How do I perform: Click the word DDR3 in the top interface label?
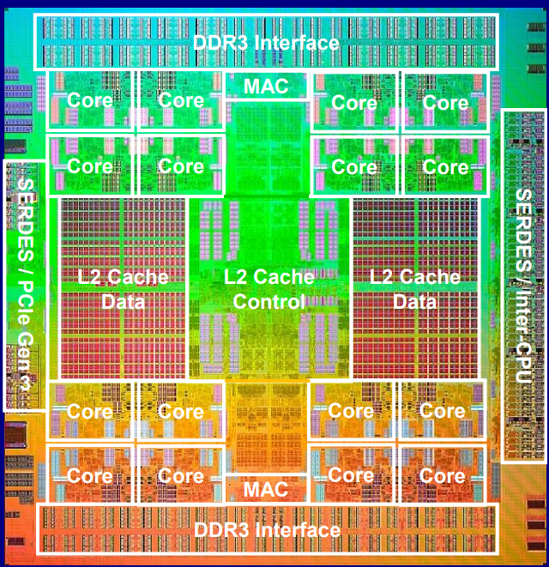220,43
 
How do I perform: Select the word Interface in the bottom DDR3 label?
300,530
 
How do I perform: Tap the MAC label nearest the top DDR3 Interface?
266,86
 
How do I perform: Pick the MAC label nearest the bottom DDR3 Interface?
266,489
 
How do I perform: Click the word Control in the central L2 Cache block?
269,302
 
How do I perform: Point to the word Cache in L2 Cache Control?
284,277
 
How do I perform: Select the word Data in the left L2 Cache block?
123,302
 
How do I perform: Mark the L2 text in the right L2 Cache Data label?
382,277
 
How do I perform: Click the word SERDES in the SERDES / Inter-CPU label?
523,231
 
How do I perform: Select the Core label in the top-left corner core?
90,100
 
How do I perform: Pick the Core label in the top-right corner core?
445,103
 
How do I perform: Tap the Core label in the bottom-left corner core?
90,475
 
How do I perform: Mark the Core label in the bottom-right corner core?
443,475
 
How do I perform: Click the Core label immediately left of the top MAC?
181,100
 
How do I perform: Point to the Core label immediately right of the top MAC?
354,103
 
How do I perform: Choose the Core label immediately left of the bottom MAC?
181,475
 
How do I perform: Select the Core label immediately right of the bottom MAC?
351,475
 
